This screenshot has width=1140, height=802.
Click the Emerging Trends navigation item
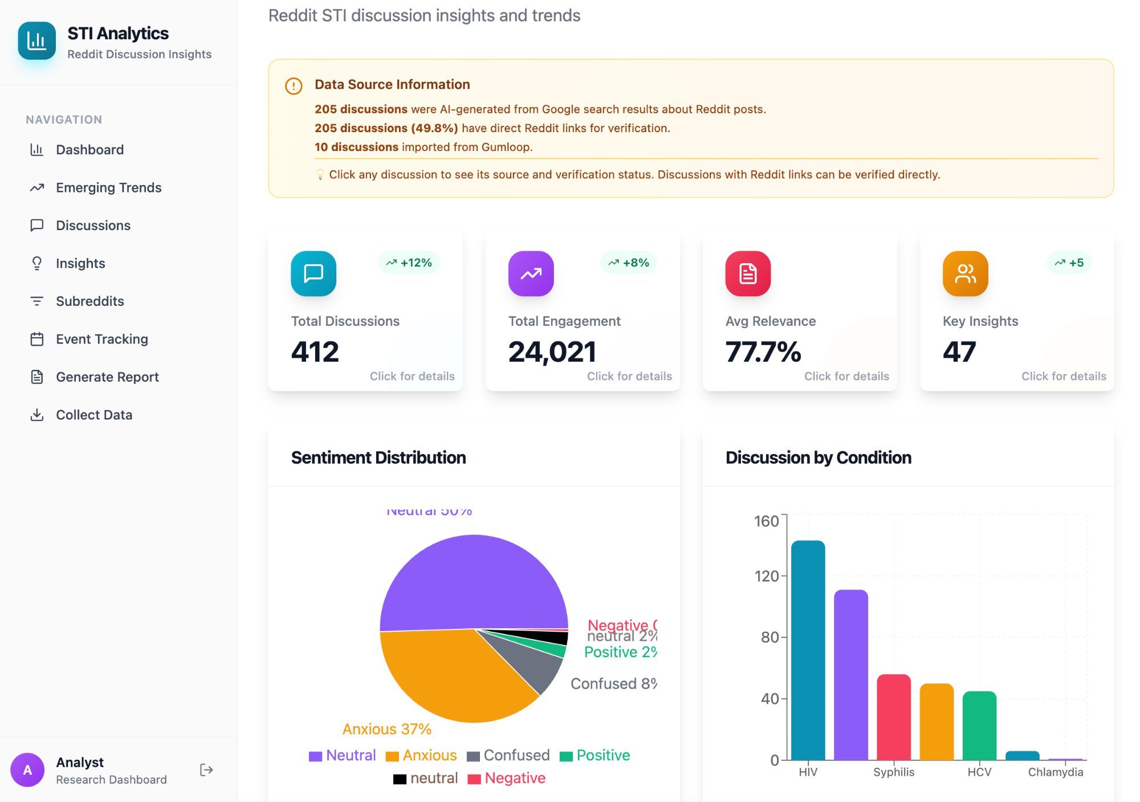click(108, 187)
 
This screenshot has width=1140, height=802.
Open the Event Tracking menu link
click(101, 339)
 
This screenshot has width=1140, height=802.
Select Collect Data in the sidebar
click(93, 415)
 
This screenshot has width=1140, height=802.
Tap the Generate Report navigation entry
click(107, 377)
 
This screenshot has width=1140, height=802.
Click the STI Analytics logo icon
click(37, 40)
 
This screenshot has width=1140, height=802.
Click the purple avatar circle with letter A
click(27, 770)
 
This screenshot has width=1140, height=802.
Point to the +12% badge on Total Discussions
click(409, 263)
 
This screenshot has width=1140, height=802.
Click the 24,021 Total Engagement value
click(552, 351)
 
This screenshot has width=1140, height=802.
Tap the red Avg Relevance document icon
click(748, 273)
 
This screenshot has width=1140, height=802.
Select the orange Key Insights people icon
click(965, 273)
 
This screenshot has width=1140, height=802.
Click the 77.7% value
click(763, 351)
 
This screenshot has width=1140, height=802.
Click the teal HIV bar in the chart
click(808, 649)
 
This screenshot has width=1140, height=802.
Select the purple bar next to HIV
click(850, 675)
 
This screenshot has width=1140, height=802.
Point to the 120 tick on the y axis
click(767, 576)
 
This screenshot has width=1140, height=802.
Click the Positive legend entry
click(595, 755)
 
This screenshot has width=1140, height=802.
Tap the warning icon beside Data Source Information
click(294, 86)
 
